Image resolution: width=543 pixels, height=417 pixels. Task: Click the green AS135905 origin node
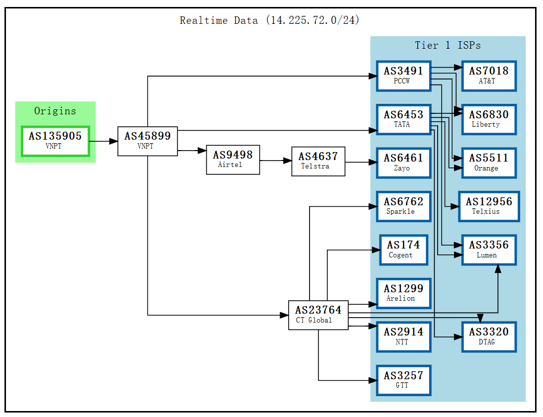[x=55, y=141]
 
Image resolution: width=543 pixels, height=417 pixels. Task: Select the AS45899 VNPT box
[x=147, y=141]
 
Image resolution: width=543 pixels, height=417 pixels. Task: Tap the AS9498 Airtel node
[x=233, y=160]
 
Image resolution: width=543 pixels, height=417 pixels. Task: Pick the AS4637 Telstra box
[x=318, y=161]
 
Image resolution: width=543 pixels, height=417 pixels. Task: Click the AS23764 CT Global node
[x=318, y=315]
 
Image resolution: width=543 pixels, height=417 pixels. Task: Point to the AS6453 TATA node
[x=403, y=119]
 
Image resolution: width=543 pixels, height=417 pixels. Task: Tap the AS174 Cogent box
[x=403, y=250]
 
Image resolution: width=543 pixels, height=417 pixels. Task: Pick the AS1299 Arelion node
[x=403, y=293]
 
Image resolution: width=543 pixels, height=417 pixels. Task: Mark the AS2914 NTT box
[x=403, y=336]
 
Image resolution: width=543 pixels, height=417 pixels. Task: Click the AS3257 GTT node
[x=403, y=380]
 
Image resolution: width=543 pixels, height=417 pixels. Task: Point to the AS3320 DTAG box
[x=488, y=336]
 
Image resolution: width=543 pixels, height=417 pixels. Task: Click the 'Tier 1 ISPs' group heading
[x=448, y=46]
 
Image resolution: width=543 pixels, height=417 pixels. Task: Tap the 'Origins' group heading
[x=55, y=111]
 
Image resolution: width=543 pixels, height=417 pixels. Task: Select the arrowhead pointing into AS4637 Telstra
[x=287, y=161]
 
